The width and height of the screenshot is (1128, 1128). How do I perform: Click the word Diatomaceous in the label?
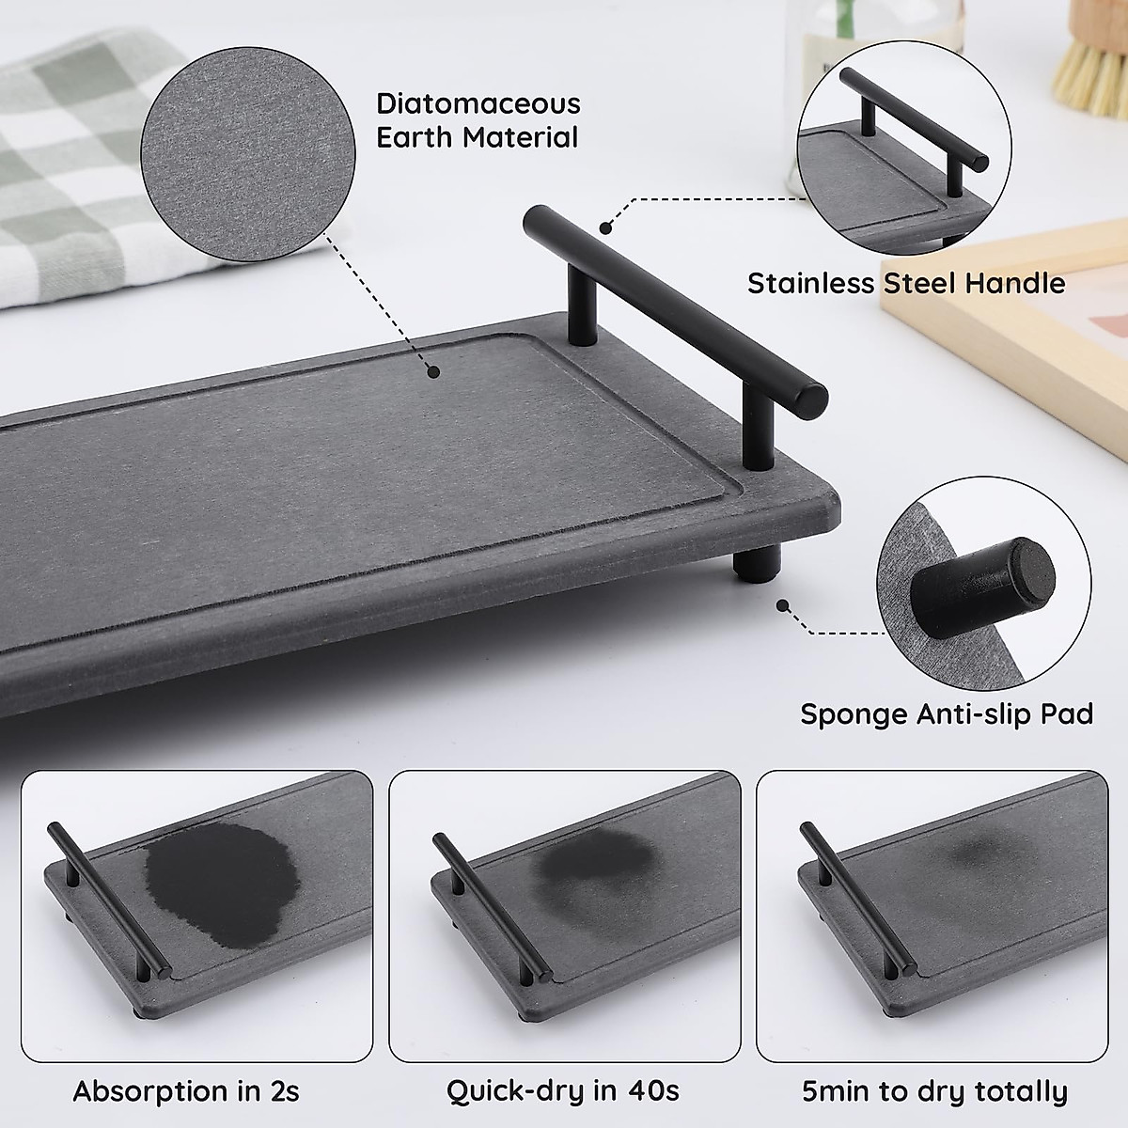pos(478,103)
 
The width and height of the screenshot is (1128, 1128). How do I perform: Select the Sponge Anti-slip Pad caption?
pos(946,713)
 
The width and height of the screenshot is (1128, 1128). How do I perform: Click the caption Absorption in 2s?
pos(186,1091)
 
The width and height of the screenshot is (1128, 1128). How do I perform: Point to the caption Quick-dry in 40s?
pos(562,1091)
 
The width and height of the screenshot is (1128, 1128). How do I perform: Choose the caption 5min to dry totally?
pos(934,1091)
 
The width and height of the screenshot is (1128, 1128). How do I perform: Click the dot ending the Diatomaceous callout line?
pos(433,372)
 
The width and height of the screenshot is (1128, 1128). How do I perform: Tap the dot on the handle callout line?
pos(606,227)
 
